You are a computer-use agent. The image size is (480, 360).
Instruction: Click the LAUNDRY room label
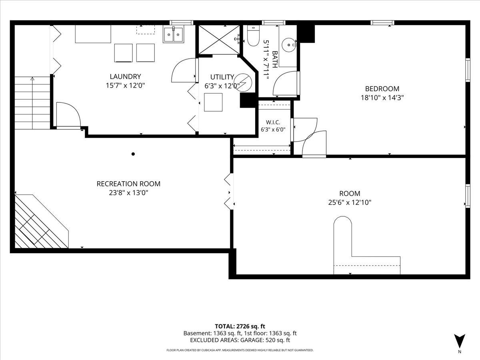(125, 76)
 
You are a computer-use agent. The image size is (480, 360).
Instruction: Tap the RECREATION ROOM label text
(128, 184)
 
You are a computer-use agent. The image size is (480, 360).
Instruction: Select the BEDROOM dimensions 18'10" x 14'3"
(382, 98)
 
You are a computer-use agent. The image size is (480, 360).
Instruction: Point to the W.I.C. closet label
(273, 122)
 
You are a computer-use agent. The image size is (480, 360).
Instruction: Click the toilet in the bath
(253, 36)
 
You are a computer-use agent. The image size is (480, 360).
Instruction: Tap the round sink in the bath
(289, 45)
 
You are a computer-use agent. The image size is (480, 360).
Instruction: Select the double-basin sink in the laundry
(174, 34)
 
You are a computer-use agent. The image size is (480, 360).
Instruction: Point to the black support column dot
(133, 154)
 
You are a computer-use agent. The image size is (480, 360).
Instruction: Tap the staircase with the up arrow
(32, 103)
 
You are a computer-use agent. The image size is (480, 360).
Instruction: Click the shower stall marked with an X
(219, 40)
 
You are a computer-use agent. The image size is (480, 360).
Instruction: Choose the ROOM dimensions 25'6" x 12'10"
(350, 202)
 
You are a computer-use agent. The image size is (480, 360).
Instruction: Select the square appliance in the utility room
(213, 102)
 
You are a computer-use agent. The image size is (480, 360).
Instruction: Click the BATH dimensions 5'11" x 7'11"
(266, 60)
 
